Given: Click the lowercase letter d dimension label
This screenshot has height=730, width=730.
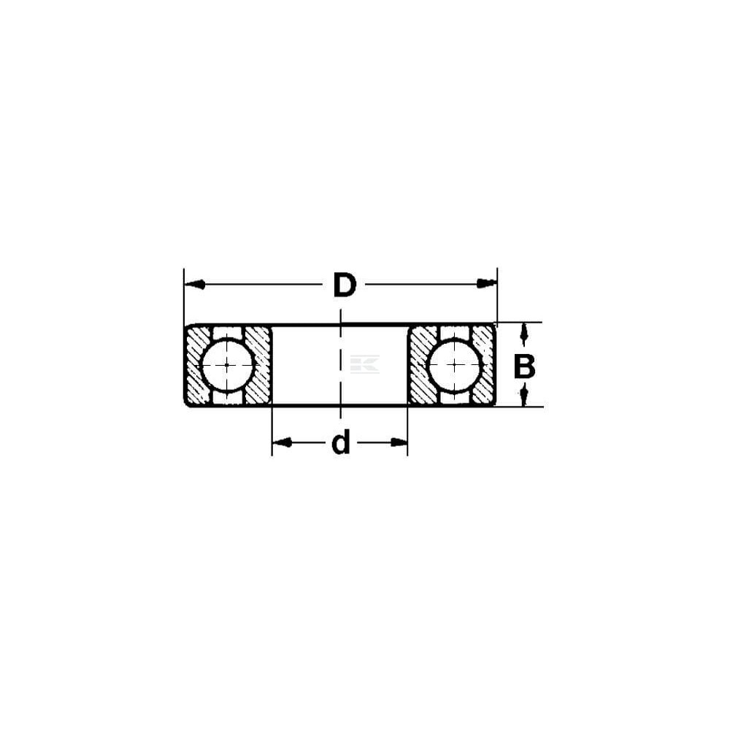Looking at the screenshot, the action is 341,442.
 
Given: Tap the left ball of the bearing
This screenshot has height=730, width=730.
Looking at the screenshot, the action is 227,364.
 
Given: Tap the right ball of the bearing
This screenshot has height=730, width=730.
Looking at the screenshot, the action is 455,364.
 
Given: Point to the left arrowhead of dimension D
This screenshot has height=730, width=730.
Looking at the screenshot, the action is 195,284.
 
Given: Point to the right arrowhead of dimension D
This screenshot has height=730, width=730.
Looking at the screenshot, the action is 487,283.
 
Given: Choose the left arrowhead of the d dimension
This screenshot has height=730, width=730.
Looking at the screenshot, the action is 282,442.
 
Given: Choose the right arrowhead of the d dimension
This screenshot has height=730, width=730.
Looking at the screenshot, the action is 399,442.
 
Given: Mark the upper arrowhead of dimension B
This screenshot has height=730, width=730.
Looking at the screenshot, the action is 525,334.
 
